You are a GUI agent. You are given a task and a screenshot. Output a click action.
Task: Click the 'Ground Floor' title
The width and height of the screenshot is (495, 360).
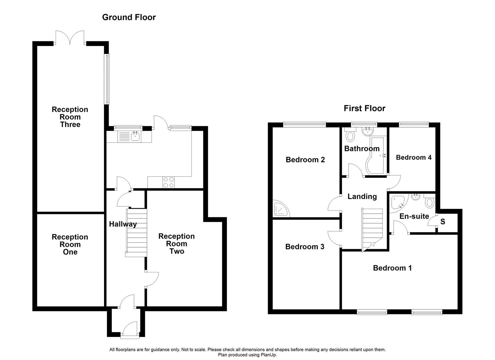[x=129, y=17]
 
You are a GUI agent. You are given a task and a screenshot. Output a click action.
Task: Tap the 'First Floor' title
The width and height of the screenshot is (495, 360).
[x=364, y=108]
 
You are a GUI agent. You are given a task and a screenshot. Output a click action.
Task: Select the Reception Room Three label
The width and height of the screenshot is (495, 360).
[x=70, y=117]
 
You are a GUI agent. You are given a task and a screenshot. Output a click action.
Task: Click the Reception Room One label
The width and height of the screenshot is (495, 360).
[x=70, y=244]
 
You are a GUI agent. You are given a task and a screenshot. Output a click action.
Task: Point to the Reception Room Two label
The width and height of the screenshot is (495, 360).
[x=176, y=244]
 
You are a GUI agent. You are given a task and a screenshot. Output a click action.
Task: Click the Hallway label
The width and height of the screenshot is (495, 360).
[x=123, y=224]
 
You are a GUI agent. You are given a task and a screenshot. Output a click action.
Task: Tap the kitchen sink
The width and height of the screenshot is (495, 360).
[x=135, y=136]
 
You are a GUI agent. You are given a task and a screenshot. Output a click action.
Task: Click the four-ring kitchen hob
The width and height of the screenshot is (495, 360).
[x=168, y=182]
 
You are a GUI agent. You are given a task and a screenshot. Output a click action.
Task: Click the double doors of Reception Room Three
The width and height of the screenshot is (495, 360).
[x=70, y=38]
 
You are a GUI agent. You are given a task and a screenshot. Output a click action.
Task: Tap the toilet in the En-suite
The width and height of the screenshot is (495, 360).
[x=429, y=202]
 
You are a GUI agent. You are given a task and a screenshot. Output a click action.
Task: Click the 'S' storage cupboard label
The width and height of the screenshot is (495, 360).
[x=443, y=222]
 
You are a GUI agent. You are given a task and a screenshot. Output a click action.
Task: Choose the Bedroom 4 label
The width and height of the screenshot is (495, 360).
[x=413, y=157]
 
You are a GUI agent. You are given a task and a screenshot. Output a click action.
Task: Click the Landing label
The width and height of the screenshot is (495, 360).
[x=362, y=197]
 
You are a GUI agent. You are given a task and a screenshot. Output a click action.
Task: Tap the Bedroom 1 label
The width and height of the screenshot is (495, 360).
[x=392, y=268]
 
